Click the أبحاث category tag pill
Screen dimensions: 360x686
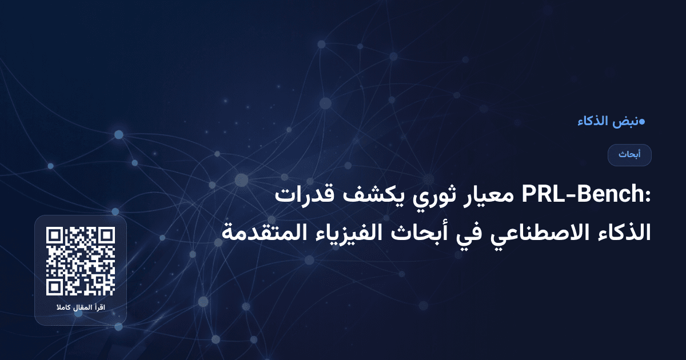[629, 155]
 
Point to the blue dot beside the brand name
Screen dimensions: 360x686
[642, 121]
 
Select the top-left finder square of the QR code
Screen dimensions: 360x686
[55, 235]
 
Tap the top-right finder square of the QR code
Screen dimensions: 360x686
[106, 235]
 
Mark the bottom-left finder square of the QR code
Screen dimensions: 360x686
[55, 287]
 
